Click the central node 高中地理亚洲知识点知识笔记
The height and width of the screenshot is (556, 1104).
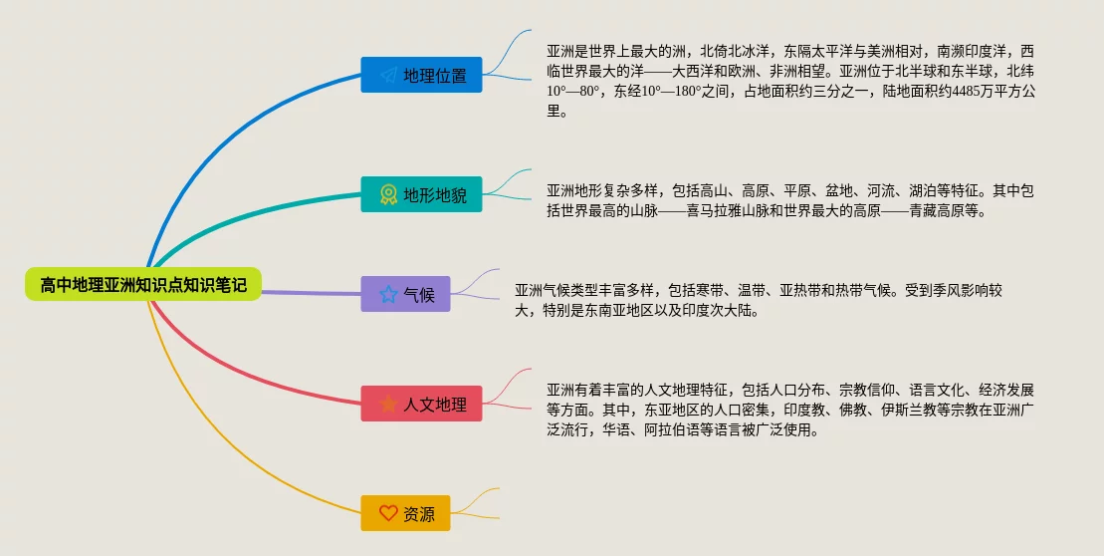coord(143,285)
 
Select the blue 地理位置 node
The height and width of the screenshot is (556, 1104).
coord(421,75)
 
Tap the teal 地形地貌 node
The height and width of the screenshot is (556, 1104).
coord(421,194)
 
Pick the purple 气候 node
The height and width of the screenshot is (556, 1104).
coord(405,294)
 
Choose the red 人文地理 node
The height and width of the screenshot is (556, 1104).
coord(421,404)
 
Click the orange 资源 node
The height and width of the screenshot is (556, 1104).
coord(405,513)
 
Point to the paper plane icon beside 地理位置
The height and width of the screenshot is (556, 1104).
coord(388,75)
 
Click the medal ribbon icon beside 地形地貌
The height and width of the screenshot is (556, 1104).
coord(388,194)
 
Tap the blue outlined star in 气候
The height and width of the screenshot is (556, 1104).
coord(388,294)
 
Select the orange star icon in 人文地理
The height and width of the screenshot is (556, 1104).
coord(388,404)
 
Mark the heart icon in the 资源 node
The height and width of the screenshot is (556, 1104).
coord(388,513)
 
